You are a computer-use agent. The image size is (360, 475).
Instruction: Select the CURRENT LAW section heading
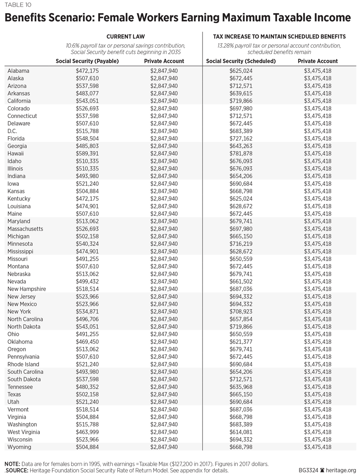click(125, 37)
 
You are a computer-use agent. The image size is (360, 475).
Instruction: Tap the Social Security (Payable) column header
click(87, 61)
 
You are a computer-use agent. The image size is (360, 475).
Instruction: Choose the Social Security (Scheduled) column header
click(241, 61)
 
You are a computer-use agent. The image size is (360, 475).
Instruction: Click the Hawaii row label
click(16, 154)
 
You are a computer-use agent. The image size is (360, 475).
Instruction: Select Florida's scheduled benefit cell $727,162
click(241, 138)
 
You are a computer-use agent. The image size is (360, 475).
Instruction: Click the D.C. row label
click(13, 131)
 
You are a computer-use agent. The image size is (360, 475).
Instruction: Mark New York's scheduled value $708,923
click(241, 312)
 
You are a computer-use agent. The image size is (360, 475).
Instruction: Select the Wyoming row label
click(19, 447)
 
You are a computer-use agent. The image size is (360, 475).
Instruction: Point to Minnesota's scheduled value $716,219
click(241, 244)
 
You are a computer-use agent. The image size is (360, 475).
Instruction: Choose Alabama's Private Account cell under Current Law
click(164, 71)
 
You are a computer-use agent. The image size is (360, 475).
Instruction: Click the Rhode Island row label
click(23, 364)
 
